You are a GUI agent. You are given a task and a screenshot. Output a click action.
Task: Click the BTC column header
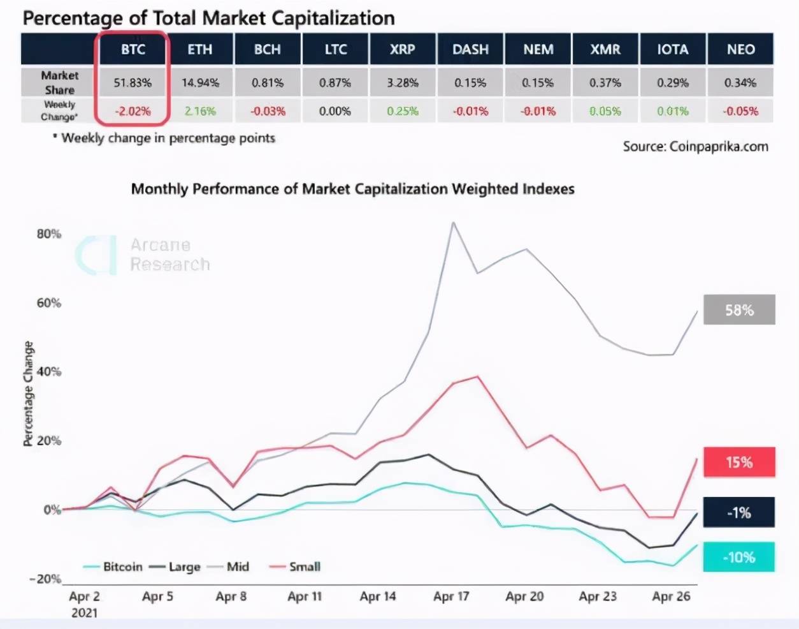(133, 49)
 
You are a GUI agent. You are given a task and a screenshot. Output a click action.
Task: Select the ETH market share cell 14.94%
(200, 83)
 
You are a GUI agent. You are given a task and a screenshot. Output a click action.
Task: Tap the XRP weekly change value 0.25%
(403, 111)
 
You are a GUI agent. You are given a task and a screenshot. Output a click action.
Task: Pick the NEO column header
(740, 49)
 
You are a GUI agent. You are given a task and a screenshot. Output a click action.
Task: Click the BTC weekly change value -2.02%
(133, 111)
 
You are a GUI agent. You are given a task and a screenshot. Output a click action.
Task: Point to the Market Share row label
(59, 82)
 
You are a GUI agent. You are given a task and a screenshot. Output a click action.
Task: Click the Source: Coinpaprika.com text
(695, 146)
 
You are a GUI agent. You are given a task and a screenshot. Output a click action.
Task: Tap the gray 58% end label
(739, 310)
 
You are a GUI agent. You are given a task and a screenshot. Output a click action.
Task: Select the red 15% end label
(739, 462)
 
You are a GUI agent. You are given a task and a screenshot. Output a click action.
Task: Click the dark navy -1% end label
(739, 512)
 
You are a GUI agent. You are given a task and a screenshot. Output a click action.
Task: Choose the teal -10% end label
(739, 557)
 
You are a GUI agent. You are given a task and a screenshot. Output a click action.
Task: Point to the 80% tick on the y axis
(48, 233)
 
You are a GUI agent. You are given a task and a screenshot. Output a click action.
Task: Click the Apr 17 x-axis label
(451, 596)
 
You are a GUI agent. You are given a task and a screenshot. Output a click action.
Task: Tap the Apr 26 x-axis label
(671, 596)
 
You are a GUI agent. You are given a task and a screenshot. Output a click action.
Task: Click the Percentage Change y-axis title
(28, 393)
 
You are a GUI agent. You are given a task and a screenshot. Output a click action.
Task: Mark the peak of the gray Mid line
(453, 223)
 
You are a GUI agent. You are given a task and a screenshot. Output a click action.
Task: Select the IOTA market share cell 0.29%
(673, 83)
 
